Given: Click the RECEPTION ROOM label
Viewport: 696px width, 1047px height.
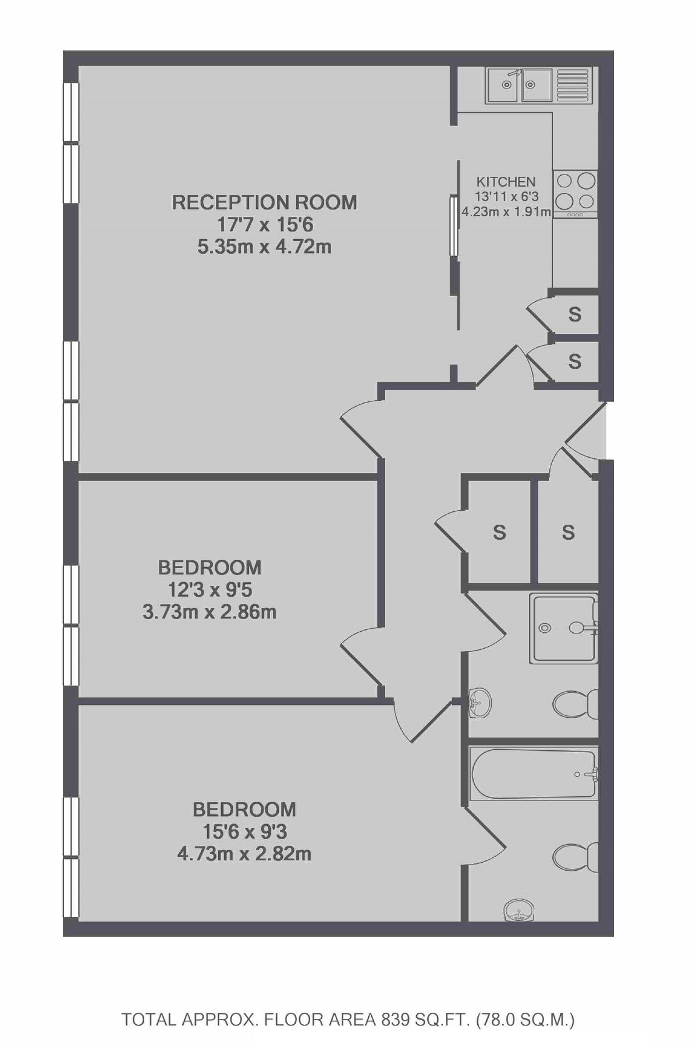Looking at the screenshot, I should tap(264, 202).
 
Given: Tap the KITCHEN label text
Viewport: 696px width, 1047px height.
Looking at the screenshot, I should tap(506, 182).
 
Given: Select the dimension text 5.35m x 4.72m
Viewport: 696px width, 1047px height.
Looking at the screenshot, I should tap(264, 247).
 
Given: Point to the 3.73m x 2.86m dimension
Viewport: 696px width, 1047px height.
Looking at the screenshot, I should tap(209, 612).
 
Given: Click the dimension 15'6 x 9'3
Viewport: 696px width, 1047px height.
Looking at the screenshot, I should tap(244, 831).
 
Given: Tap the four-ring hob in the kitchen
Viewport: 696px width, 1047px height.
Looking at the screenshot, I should tap(575, 191).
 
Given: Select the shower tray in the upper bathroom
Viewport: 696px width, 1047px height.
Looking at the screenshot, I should tap(563, 628).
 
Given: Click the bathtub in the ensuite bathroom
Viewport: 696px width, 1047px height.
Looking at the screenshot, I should tap(534, 774).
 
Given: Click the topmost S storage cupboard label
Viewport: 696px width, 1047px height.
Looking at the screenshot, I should tap(574, 315).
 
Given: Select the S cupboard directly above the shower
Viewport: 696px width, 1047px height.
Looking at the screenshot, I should tap(568, 532).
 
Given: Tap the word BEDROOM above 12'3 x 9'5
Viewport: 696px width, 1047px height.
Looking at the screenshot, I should tap(209, 567).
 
